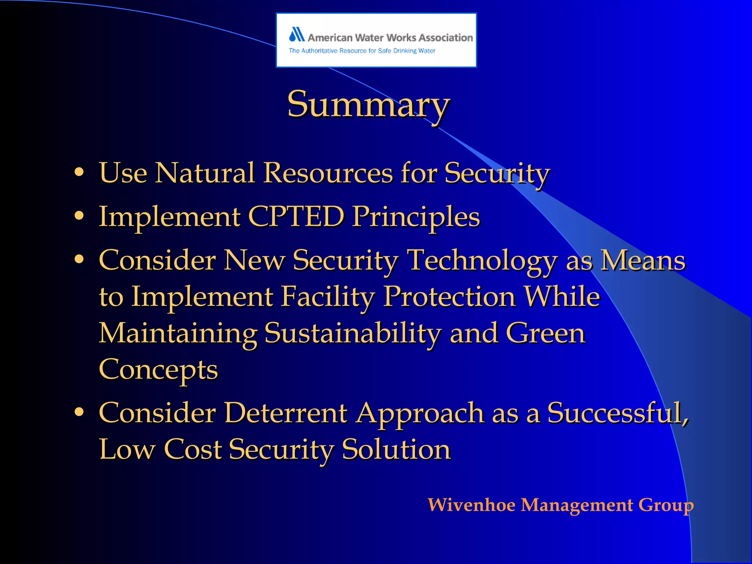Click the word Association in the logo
tap(445, 37)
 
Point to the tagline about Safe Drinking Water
tap(362, 51)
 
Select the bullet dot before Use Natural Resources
tap(79, 172)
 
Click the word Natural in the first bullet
tap(205, 172)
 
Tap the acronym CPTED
tap(296, 216)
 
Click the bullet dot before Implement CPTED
tap(79, 216)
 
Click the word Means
tap(643, 260)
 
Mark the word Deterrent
tap(286, 413)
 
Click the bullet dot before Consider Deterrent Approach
tap(79, 412)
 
